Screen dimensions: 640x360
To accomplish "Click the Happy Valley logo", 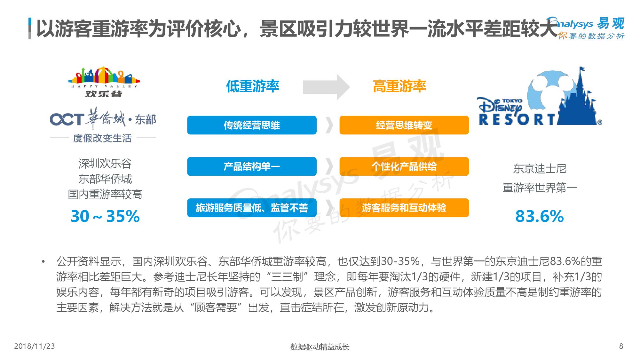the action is [104, 82].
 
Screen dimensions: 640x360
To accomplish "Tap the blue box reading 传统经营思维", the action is [252, 125].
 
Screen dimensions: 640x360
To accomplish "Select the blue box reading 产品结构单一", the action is [252, 166].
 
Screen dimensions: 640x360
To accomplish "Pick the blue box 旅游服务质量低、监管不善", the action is [252, 208].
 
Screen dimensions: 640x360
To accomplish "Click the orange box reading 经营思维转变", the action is [404, 125].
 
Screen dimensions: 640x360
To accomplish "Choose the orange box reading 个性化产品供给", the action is [404, 166].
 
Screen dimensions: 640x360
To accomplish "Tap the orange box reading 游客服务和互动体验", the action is [404, 208].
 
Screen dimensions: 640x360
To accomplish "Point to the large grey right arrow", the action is [326, 87].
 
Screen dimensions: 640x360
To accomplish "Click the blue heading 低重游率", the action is [253, 86].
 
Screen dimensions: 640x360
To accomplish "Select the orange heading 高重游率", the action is [399, 86].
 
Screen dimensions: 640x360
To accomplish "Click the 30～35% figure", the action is [105, 216].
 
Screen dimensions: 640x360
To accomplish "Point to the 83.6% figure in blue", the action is [540, 216].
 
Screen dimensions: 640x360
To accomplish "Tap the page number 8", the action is [621, 346].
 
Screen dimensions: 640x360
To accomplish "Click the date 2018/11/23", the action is [35, 346].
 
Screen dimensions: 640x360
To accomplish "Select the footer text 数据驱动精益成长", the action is [320, 347].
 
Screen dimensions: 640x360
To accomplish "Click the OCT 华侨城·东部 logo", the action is [103, 127].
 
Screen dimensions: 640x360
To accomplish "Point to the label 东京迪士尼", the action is [540, 169].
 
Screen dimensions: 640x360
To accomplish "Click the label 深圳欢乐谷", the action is [105, 164].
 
